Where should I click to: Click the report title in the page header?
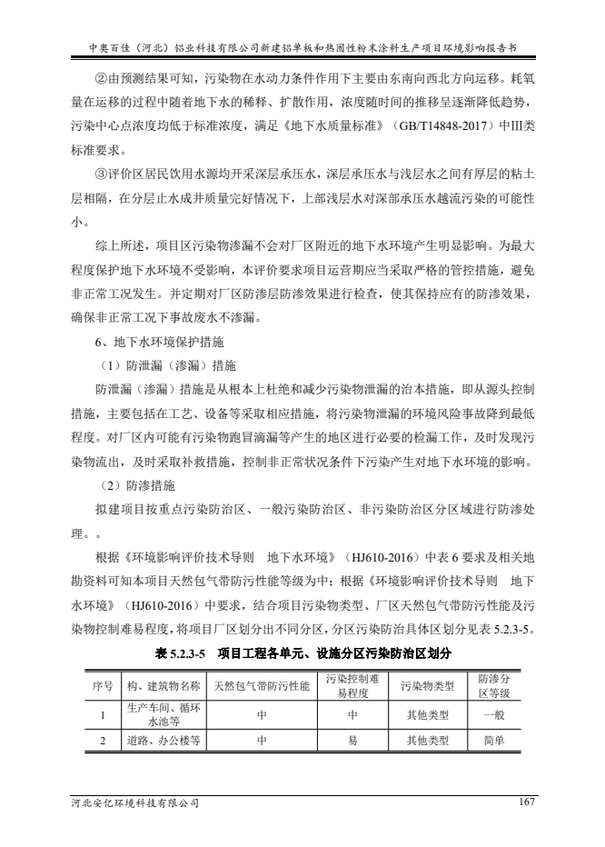(302, 43)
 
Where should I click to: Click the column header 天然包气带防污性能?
(262, 684)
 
